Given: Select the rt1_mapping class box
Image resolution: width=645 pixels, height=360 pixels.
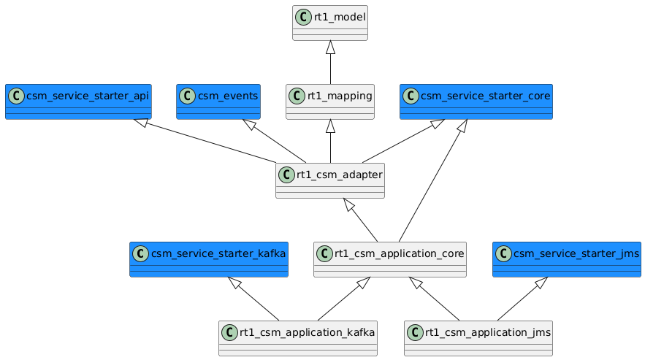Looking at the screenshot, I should click(x=330, y=102).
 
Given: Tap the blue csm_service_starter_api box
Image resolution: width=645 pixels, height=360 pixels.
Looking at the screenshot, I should click(x=78, y=102).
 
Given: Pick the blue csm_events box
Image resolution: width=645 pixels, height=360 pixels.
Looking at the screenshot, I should click(x=218, y=102).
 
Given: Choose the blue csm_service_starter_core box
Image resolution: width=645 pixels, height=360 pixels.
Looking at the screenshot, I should click(x=476, y=102).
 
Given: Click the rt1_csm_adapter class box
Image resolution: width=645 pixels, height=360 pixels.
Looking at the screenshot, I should click(x=330, y=180).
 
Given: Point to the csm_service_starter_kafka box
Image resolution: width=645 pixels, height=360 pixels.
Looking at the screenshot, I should click(x=208, y=259).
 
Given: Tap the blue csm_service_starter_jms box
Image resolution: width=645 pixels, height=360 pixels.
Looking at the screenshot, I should click(x=567, y=259).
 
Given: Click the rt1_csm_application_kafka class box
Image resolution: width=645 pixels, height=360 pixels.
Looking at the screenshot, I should click(x=298, y=338).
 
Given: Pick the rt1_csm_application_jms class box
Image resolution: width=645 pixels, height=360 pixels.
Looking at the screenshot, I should click(x=478, y=338).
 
